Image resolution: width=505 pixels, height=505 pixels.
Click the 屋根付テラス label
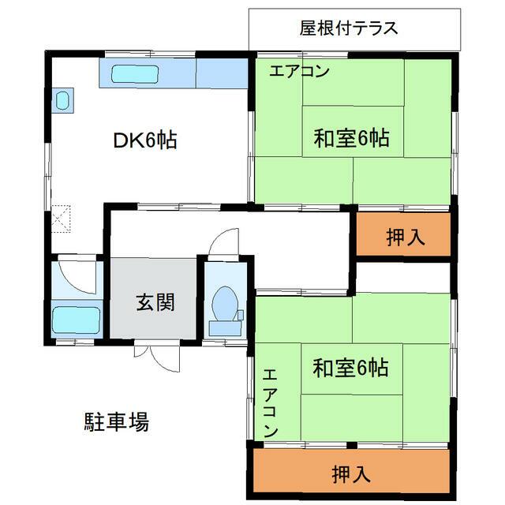tap(349, 28)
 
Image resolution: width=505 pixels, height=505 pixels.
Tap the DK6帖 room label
tap(145, 140)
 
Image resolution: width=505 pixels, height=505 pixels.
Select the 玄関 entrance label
tap(155, 302)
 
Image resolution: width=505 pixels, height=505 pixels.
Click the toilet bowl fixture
tap(225, 304)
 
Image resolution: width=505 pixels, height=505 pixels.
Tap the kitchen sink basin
tap(135, 74)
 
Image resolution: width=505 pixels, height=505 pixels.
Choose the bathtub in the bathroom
tap(77, 320)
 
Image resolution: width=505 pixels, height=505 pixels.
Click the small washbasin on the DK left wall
tap(63, 100)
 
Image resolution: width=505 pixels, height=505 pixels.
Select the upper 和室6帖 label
tap(351, 138)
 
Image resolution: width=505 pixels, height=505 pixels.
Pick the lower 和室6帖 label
tap(350, 368)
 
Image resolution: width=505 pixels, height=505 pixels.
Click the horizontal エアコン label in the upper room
tap(299, 71)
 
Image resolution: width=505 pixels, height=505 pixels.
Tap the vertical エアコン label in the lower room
tap(270, 403)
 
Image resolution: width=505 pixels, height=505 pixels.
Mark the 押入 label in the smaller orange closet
tap(406, 237)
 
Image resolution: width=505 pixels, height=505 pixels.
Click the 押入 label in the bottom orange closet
tap(351, 474)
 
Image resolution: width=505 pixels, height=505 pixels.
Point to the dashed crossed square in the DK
tap(61, 219)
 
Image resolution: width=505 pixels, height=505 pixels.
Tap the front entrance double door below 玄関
tap(157, 359)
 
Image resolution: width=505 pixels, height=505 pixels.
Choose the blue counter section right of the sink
tap(222, 73)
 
